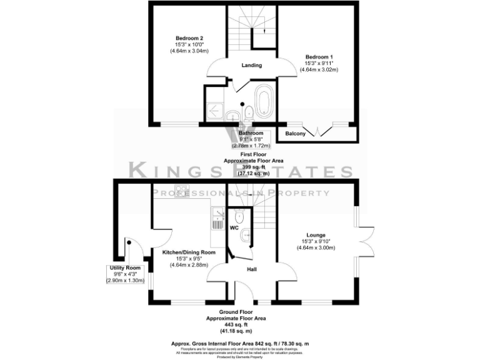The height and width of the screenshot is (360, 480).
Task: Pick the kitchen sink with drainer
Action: (218, 219)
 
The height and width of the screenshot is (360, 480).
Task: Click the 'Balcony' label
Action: (296, 134)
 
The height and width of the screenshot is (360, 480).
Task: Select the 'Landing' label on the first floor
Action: (251, 66)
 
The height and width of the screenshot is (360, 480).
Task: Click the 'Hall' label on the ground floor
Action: (252, 269)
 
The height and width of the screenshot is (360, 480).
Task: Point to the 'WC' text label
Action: (234, 228)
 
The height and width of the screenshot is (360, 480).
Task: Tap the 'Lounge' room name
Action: (316, 235)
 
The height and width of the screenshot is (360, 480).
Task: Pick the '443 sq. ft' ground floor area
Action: (236, 325)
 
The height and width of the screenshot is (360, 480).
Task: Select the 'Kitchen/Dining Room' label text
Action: (189, 252)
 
